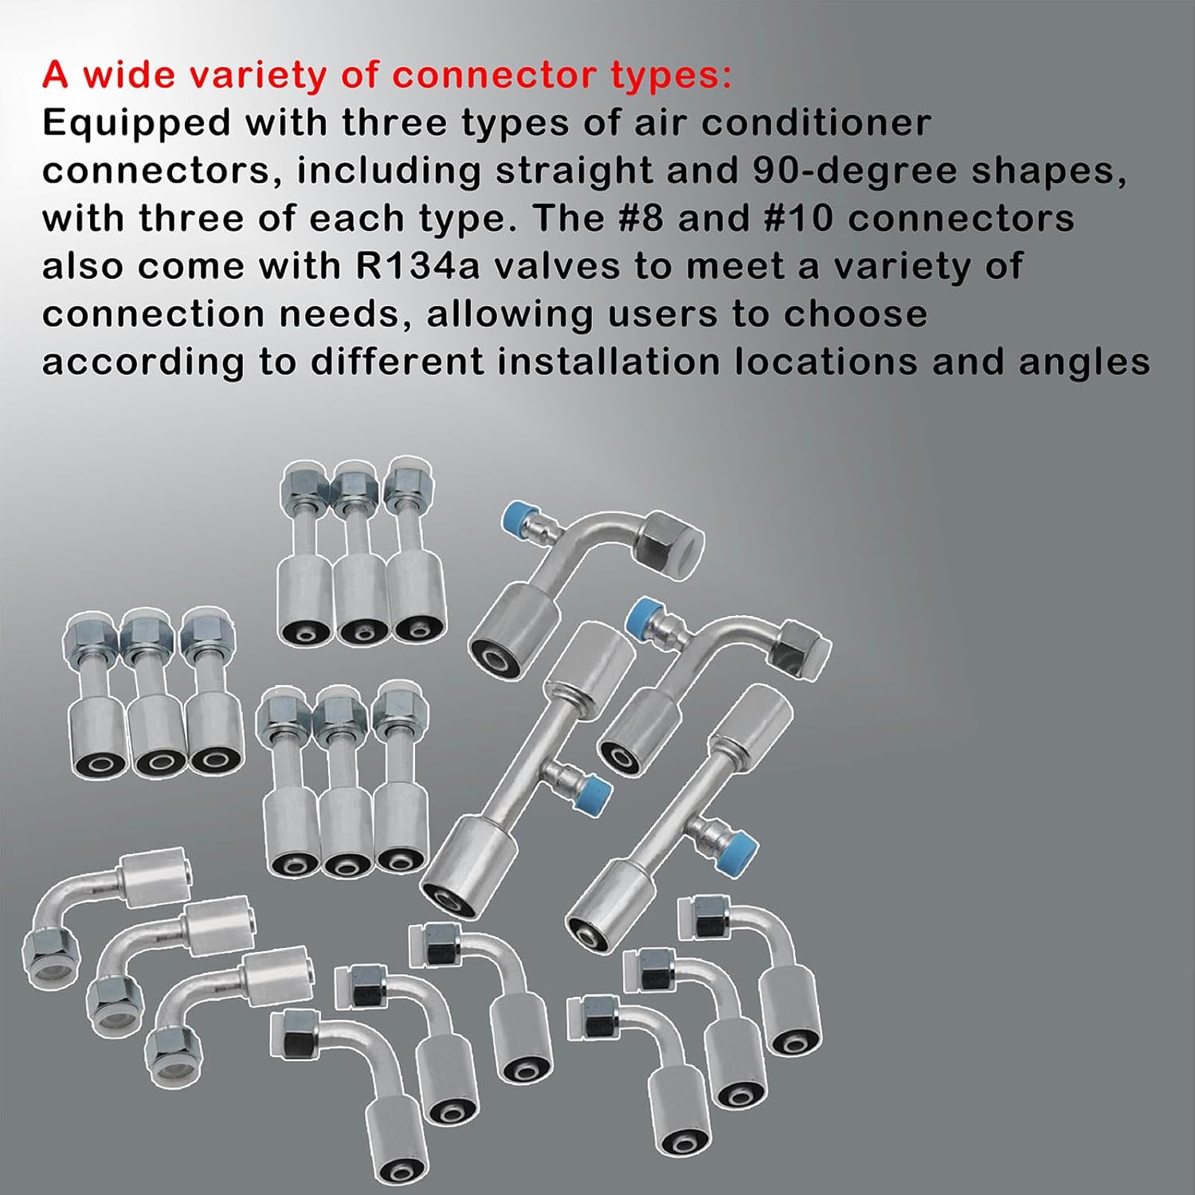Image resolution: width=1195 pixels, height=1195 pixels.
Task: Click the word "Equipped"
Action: click(136, 123)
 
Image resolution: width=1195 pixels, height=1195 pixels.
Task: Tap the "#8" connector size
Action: click(641, 219)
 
